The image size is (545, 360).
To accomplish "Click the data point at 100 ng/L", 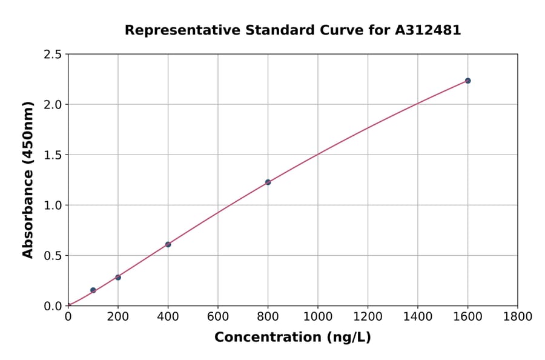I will click(x=93, y=290).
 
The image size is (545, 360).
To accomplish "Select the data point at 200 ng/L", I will click(x=118, y=278).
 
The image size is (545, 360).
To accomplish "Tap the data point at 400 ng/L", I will click(x=168, y=244).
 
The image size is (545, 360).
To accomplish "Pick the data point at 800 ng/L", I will click(x=268, y=182).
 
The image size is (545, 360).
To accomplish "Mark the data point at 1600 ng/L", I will click(x=467, y=81).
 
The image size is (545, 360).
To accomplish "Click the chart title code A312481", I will click(x=429, y=30).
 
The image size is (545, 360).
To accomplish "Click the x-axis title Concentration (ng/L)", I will click(x=292, y=338).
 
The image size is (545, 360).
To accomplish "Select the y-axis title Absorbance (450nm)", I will click(x=28, y=180).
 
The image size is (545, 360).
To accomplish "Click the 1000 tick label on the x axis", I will click(x=318, y=316).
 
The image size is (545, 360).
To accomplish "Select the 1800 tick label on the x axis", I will click(x=518, y=316).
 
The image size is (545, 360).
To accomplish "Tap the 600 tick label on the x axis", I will click(x=218, y=316).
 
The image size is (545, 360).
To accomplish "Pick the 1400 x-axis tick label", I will click(x=418, y=316).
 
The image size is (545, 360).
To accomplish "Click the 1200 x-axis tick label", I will click(x=368, y=316).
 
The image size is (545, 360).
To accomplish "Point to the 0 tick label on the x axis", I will click(x=68, y=316).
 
